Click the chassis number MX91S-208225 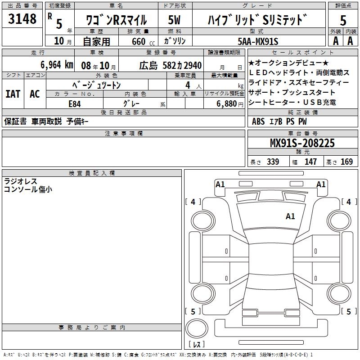tap(302, 143)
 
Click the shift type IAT tap(13, 94)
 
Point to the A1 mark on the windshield tap(290, 216)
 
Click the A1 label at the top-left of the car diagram tap(220, 184)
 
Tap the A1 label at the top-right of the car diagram tap(321, 184)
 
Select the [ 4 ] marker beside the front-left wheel tap(193, 202)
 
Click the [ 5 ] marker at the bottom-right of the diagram tap(347, 311)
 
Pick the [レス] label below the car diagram tap(196, 345)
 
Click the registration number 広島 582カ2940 tap(171, 65)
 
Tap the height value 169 tap(346, 162)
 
